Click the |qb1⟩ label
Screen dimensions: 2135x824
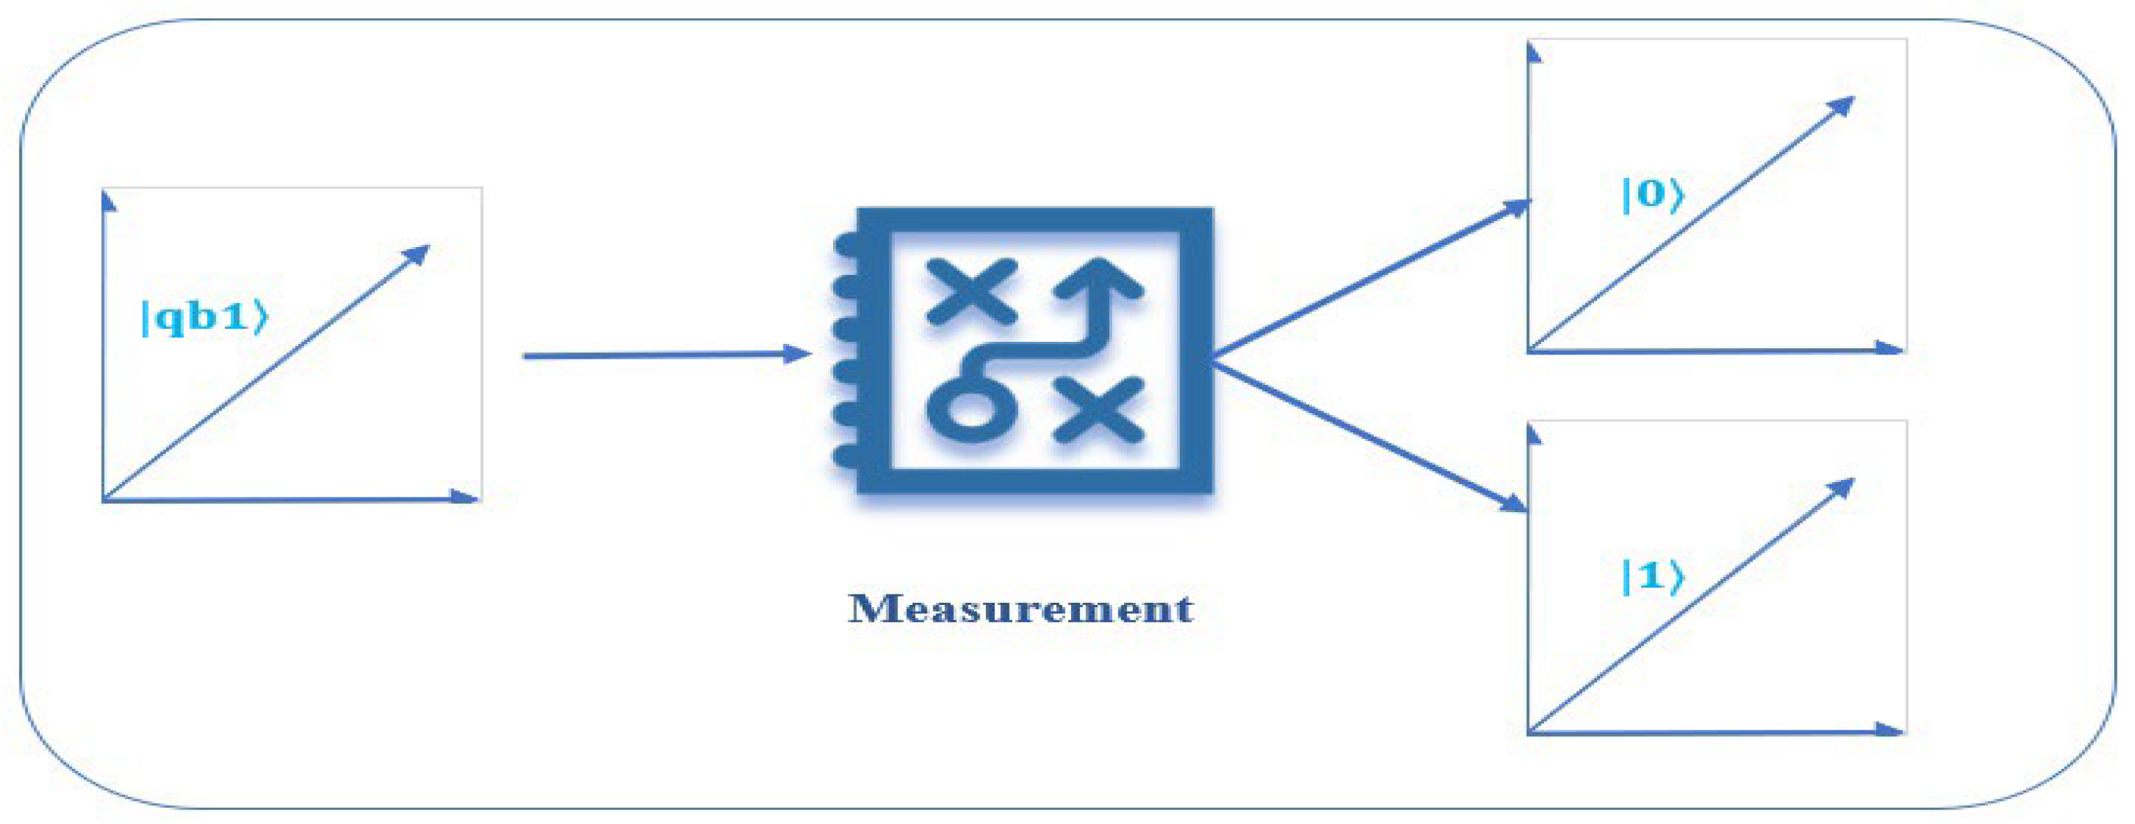pos(204,317)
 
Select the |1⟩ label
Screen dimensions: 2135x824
pos(1651,577)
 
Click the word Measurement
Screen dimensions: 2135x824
pos(1020,609)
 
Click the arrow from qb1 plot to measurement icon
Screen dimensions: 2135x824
pos(663,356)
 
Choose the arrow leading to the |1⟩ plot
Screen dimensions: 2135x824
pos(1368,435)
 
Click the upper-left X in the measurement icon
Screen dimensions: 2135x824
pos(971,291)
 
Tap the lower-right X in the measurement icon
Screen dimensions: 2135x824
pos(1099,409)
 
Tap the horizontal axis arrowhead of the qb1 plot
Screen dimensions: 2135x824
pos(464,497)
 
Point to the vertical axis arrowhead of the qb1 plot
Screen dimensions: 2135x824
pos(107,202)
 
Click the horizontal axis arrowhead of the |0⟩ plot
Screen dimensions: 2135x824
pos(1889,348)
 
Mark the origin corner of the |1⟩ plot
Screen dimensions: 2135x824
pos(1530,732)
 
